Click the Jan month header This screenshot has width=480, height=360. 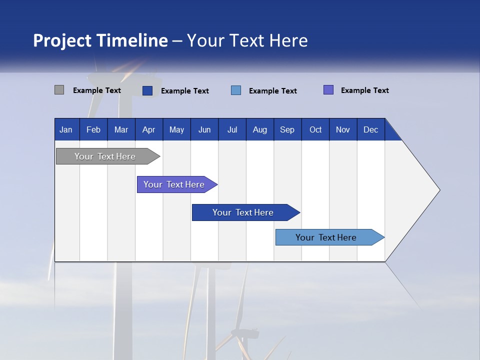tap(66, 130)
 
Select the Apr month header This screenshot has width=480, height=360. tap(148, 130)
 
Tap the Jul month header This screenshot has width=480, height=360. tap(232, 130)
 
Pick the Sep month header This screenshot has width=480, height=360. tap(287, 130)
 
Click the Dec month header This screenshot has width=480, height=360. tap(370, 130)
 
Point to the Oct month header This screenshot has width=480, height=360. tap(315, 130)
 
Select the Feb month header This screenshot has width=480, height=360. tap(93, 130)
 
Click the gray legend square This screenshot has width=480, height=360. tap(59, 90)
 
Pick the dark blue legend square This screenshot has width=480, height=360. tap(147, 90)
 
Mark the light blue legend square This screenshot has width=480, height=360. tap(236, 90)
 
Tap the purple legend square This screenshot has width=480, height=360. tap(328, 90)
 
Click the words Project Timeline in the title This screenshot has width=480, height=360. tap(100, 40)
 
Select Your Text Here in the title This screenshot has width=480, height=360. tap(247, 40)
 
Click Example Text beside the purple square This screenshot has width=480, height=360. tap(364, 90)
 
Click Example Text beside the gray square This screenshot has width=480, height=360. tap(97, 90)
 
